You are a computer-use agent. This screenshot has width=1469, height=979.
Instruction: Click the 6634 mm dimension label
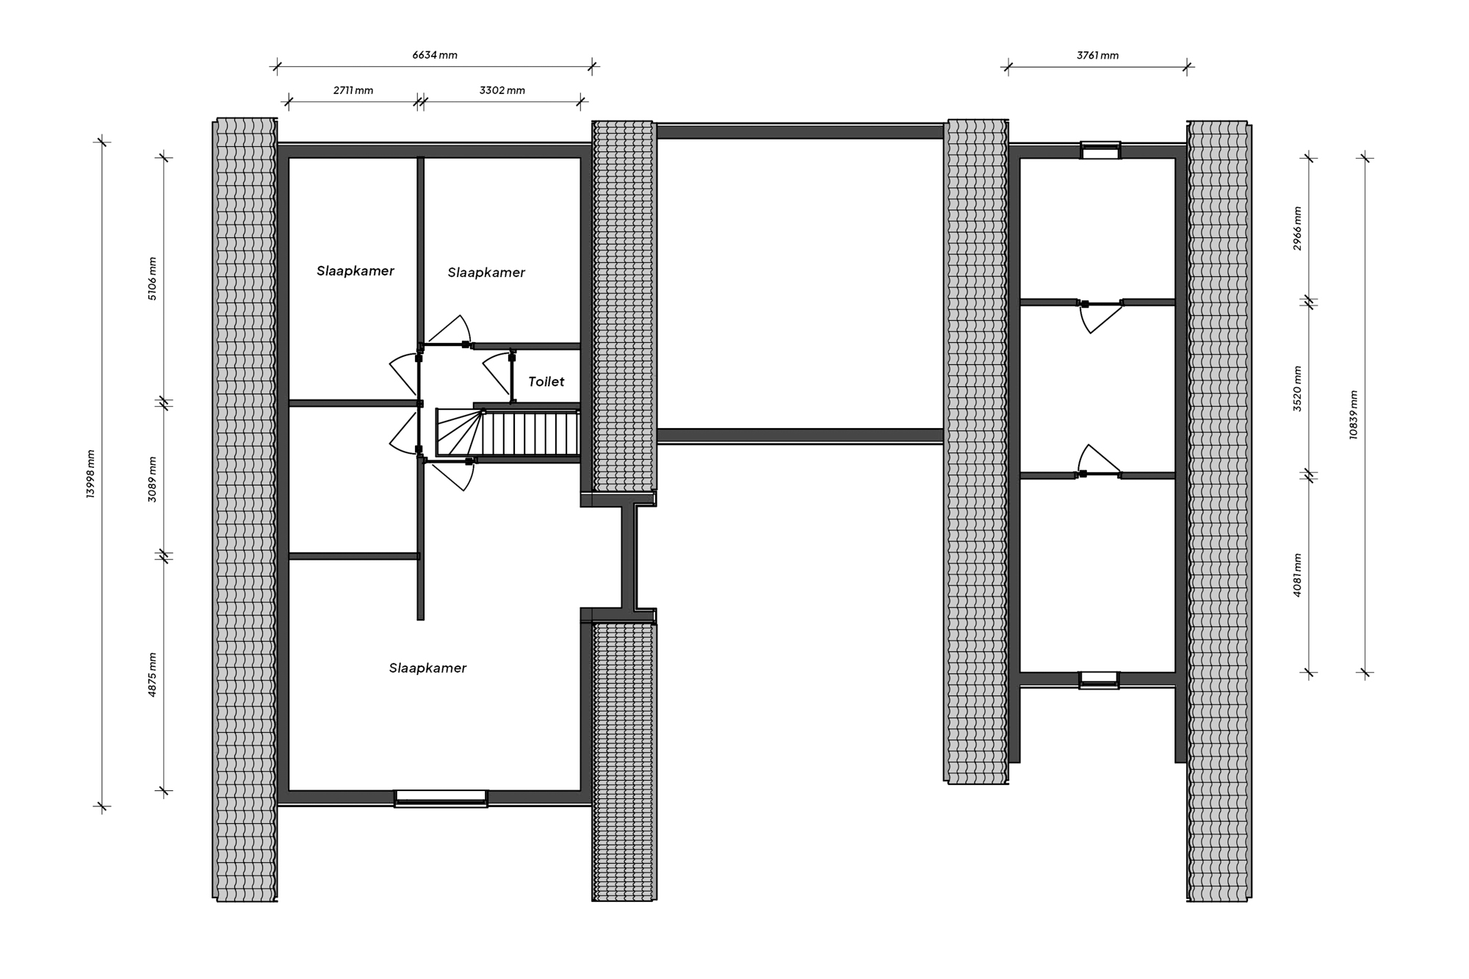coord(435,55)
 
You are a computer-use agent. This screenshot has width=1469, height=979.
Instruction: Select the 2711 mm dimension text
coord(353,90)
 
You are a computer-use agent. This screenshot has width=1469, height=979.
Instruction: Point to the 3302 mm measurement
coord(502,90)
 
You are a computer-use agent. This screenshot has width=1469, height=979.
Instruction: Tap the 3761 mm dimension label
coord(1097,55)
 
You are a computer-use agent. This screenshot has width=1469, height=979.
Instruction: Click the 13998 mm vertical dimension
coord(90,474)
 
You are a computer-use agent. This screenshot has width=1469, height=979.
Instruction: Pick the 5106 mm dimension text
coord(152,278)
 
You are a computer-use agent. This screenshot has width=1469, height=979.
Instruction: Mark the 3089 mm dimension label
coord(152,479)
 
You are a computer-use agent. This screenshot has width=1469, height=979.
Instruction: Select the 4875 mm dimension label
coord(152,674)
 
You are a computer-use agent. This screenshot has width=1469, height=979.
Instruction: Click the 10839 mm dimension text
coord(1353,415)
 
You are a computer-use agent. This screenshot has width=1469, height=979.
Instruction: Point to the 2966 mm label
coord(1297,228)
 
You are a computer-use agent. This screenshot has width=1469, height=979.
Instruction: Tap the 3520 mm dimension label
coord(1297,389)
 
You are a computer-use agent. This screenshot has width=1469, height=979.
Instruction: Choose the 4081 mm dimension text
coord(1297,574)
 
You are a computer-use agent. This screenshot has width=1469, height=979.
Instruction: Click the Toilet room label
coord(546,382)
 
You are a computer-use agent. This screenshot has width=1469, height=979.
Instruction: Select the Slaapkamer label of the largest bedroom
coord(427,668)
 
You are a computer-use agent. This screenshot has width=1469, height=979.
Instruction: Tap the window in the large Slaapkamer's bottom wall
coord(441,798)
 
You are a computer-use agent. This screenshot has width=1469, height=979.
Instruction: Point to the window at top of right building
coord(1100,151)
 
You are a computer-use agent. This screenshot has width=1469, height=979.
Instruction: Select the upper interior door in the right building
coord(1100,316)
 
